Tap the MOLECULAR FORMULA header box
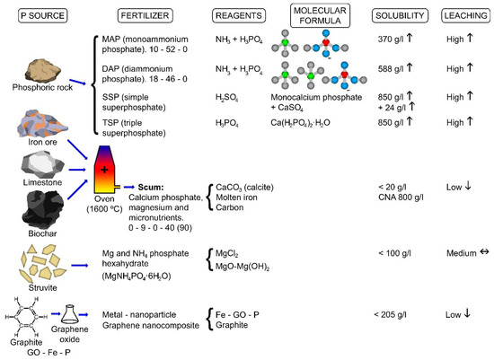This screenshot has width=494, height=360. click(x=317, y=16)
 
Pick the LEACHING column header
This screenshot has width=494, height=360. click(x=464, y=17)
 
